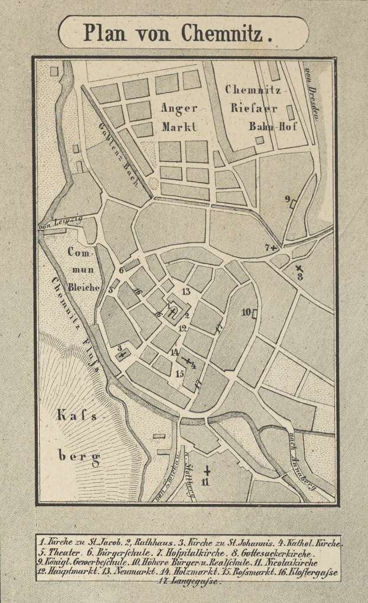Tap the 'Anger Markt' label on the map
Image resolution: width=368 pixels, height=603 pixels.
(x=178, y=117)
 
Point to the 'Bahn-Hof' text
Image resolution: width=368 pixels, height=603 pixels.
(x=272, y=127)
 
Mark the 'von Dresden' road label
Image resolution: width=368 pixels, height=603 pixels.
(x=311, y=95)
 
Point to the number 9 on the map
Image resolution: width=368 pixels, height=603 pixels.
(x=288, y=199)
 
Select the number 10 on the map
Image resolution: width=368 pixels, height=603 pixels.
(x=246, y=312)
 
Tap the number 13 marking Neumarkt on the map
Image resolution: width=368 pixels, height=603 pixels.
(x=185, y=291)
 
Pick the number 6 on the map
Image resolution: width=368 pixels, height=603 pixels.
(x=121, y=270)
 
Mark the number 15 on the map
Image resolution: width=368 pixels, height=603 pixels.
(x=180, y=374)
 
